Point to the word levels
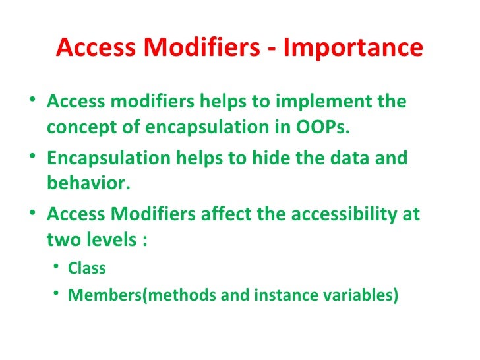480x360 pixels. click(107, 238)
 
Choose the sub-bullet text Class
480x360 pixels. click(86, 268)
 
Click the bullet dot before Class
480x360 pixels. click(59, 268)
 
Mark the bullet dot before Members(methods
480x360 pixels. click(59, 294)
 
